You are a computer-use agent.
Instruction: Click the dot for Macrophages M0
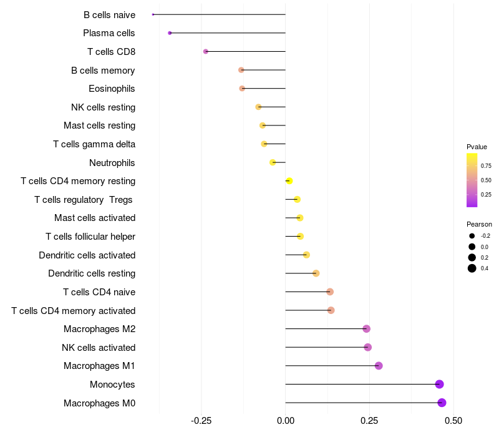pos(442,403)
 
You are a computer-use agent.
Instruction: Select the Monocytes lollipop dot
pos(440,384)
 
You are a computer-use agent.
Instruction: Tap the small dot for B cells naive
pos(153,14)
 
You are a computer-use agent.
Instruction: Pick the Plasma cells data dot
pos(170,33)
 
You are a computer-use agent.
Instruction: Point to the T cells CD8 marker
pos(206,51)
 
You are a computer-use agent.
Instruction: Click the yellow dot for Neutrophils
pos(273,162)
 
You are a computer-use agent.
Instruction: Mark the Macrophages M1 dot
pos(379,366)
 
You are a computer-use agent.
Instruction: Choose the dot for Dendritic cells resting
pos(316,273)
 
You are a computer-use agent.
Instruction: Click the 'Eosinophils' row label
pos(112,89)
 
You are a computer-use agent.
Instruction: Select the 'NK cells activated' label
pos(99,347)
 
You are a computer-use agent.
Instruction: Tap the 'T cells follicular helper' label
pos(90,236)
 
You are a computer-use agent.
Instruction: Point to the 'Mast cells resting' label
pos(99,125)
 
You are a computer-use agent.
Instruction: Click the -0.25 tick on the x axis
pos(201,421)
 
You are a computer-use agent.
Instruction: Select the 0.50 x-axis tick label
pos(453,421)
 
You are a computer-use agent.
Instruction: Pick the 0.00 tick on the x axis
pos(286,421)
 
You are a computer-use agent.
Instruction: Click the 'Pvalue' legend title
pos(477,147)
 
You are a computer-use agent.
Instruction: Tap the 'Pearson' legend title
pos(479,224)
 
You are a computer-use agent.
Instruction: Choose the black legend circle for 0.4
pos(472,268)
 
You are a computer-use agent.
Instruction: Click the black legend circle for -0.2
pos(472,236)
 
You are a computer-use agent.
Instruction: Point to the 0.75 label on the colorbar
pos(486,165)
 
